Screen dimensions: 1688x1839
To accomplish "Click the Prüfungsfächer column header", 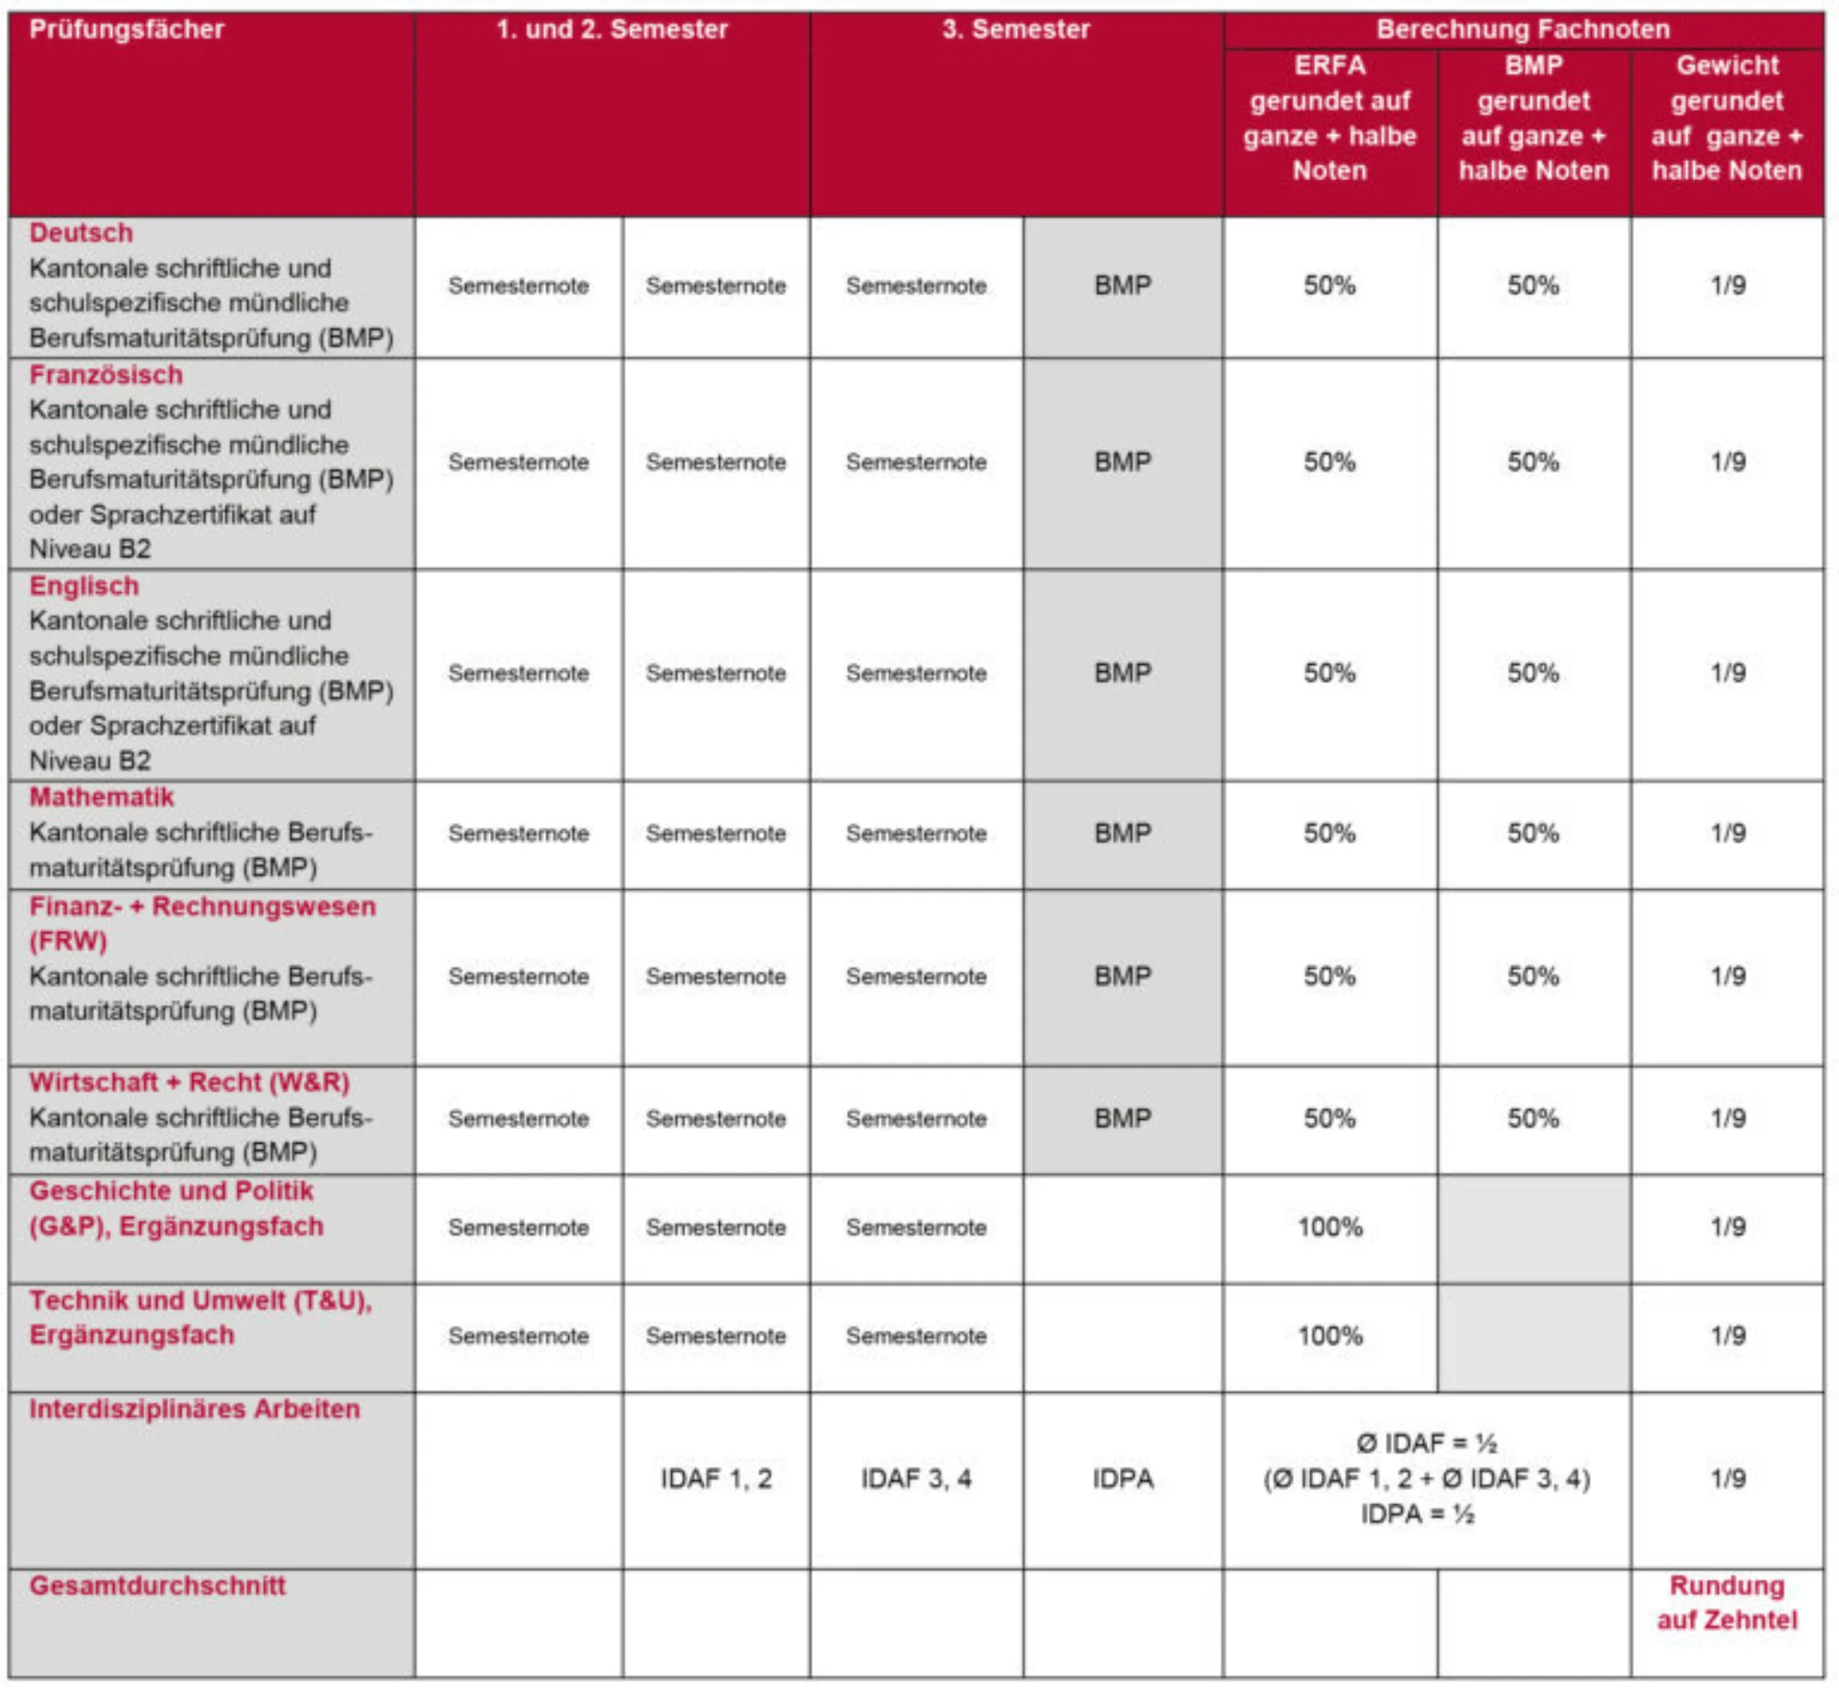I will tap(127, 29).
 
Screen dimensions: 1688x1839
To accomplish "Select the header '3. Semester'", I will tap(1015, 29).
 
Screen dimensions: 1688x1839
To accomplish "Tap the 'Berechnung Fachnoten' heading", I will tap(1523, 29).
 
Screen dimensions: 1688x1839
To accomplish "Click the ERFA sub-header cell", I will tap(1330, 118).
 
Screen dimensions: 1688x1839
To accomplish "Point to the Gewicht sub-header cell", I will tap(1727, 118).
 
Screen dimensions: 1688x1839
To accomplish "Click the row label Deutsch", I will tap(81, 233).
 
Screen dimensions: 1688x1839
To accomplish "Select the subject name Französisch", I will tap(106, 375).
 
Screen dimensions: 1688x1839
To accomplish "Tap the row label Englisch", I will tap(84, 586).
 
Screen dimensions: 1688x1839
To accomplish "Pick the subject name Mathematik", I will tap(101, 797).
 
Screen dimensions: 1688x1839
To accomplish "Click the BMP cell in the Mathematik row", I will tap(1123, 833).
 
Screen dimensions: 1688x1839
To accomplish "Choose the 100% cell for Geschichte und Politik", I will tap(1330, 1226).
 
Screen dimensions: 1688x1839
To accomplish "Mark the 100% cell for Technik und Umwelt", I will tap(1330, 1335).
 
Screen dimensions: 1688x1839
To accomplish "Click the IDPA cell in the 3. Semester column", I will tap(1123, 1478).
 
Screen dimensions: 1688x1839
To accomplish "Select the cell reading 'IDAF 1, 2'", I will tap(716, 1478).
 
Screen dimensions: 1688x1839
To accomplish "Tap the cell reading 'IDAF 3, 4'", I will tap(916, 1478).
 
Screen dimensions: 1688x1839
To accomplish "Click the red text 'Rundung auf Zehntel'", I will tap(1727, 1602).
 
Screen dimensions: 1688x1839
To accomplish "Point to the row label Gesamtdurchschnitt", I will tap(157, 1585).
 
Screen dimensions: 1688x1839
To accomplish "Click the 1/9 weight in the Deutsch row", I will tap(1728, 285).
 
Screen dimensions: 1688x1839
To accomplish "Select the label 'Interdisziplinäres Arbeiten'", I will tap(194, 1409).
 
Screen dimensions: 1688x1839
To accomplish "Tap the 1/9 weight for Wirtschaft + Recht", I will tap(1728, 1118).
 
